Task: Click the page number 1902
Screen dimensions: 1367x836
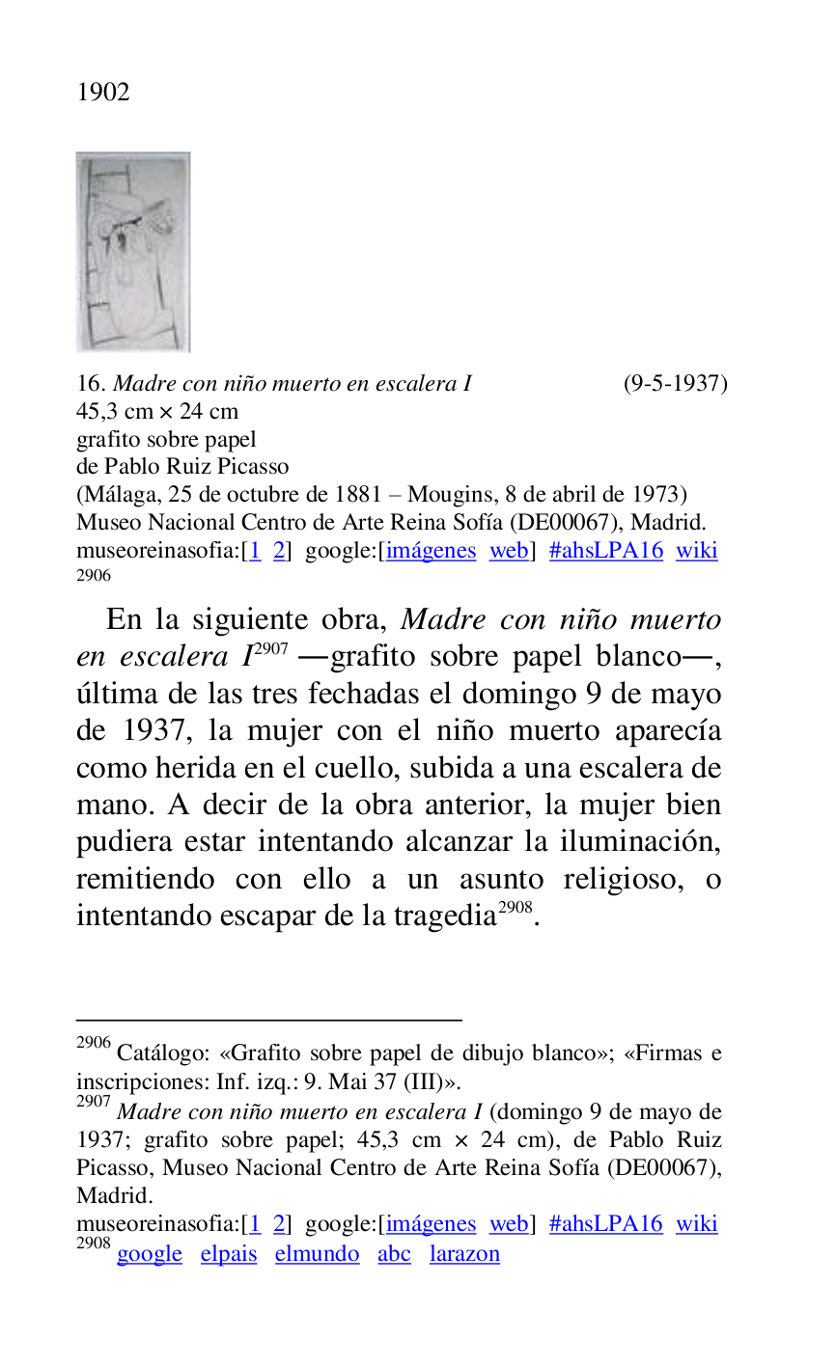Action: pyautogui.click(x=103, y=93)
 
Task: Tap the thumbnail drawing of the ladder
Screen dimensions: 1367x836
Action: pyautogui.click(x=133, y=252)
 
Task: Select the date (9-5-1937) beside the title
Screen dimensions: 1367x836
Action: pyautogui.click(x=675, y=384)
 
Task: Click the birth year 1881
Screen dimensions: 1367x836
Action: pyautogui.click(x=357, y=495)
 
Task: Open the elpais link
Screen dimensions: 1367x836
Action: pyautogui.click(x=229, y=1254)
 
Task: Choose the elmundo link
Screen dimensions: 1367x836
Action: pyautogui.click(x=317, y=1254)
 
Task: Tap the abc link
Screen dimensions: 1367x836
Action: pyautogui.click(x=394, y=1254)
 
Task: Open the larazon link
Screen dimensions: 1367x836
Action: pyautogui.click(x=464, y=1254)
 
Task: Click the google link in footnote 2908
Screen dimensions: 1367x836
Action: pyautogui.click(x=150, y=1254)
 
